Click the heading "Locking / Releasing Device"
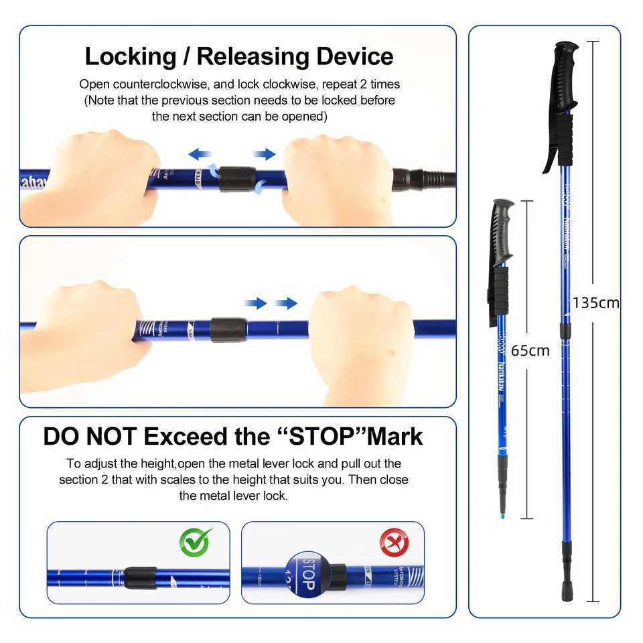coord(238,56)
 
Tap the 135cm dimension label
coord(595,303)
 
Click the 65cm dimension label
coord(530,350)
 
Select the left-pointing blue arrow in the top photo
coord(200,155)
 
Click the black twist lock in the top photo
coord(236,179)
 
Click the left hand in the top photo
coord(90,177)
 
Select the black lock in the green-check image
coord(141,577)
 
